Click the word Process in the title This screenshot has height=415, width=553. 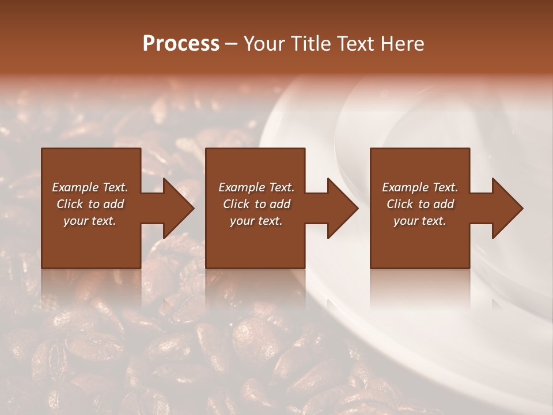pyautogui.click(x=181, y=44)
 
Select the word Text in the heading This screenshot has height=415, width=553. pyautogui.click(x=356, y=44)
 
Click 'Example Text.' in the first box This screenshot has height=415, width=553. pyautogui.click(x=90, y=187)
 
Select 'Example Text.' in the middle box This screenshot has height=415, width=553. pyautogui.click(x=256, y=187)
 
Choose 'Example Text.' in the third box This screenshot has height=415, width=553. pyautogui.click(x=420, y=187)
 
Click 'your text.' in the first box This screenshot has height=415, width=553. pyautogui.click(x=90, y=221)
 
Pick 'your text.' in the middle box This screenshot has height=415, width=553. pyautogui.click(x=256, y=221)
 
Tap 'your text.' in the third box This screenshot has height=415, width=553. pyautogui.click(x=420, y=221)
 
